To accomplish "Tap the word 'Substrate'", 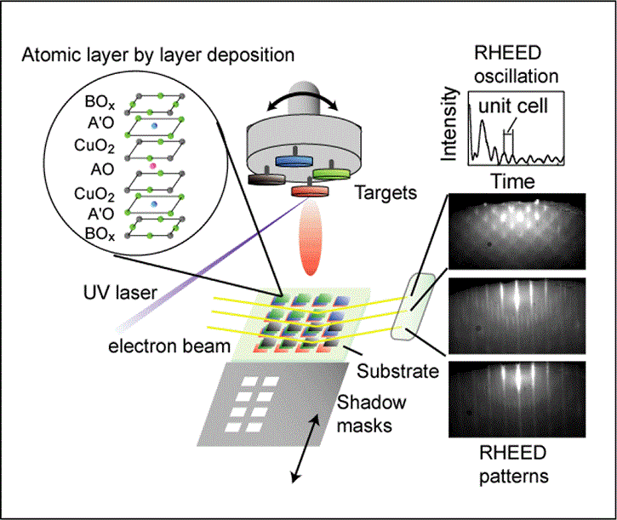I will [398, 370].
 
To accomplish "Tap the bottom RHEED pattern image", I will [516, 400].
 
